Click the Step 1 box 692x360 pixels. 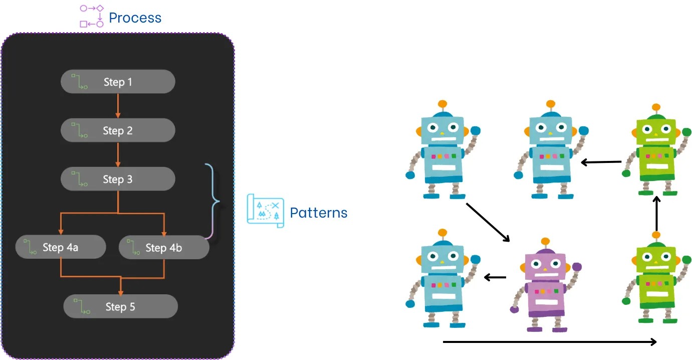(x=118, y=82)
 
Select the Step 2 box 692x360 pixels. (x=118, y=130)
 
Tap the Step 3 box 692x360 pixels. (x=118, y=179)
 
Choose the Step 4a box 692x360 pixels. (x=61, y=247)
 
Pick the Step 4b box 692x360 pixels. (x=164, y=247)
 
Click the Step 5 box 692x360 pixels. (x=121, y=306)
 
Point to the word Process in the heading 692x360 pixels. (x=135, y=18)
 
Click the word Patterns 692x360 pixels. (x=319, y=213)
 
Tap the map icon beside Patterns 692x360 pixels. (x=265, y=211)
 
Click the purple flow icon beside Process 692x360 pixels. (x=92, y=16)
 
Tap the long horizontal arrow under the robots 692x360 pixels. (x=550, y=342)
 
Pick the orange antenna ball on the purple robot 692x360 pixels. (x=545, y=241)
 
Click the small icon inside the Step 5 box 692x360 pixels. (x=81, y=306)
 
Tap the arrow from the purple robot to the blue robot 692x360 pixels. (x=495, y=277)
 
